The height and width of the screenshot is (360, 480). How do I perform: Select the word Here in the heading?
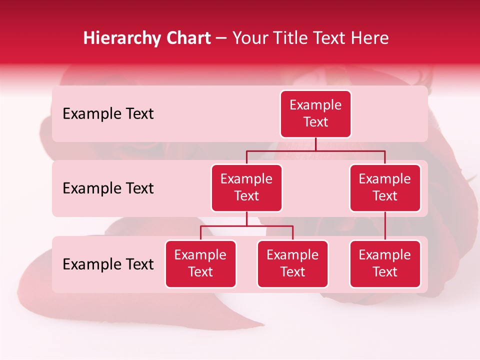[x=370, y=38]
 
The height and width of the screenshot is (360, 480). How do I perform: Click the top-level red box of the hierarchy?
[x=315, y=113]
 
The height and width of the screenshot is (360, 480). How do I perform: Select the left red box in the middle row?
[x=246, y=187]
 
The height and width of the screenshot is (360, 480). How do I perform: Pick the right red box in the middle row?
[x=385, y=187]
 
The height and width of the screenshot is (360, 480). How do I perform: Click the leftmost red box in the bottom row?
[x=200, y=263]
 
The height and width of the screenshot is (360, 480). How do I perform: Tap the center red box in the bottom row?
[x=292, y=263]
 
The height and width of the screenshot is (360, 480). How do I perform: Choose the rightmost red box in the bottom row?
[x=385, y=263]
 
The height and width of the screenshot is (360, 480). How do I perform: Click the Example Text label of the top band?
[x=108, y=114]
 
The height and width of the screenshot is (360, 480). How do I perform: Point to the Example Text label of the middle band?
[x=108, y=188]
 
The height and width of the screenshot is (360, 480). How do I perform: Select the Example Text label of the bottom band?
[x=108, y=264]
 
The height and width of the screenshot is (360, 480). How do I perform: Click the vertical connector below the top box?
[x=315, y=144]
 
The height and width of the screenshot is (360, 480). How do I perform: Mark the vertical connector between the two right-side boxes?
[x=385, y=226]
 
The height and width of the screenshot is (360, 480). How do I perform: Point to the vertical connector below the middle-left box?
[x=246, y=218]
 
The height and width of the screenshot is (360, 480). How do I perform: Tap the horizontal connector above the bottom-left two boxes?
[x=246, y=226]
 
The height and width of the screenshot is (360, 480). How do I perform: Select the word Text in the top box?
[x=315, y=122]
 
